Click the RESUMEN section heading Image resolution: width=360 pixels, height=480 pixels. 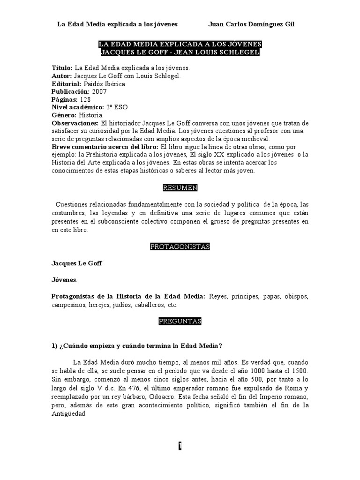click(x=180, y=188)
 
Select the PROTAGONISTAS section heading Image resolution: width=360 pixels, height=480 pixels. click(x=180, y=247)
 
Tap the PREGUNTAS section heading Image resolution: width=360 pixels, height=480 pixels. click(x=180, y=321)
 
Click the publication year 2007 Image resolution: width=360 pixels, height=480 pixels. click(x=100, y=91)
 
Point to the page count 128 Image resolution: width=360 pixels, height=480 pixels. click(x=85, y=99)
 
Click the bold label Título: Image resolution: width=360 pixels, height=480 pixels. click(x=62, y=68)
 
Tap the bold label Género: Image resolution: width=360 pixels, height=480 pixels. click(x=63, y=115)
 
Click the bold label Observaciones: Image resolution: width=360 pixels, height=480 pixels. click(x=73, y=123)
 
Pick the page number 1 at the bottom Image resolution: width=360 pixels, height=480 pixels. click(x=180, y=446)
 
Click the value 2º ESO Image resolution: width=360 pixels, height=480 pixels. click(x=118, y=107)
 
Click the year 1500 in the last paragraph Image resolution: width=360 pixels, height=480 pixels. click(x=300, y=372)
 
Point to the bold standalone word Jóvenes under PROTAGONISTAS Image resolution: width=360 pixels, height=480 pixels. click(x=64, y=280)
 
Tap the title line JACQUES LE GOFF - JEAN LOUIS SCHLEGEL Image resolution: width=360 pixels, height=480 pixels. click(x=180, y=52)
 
